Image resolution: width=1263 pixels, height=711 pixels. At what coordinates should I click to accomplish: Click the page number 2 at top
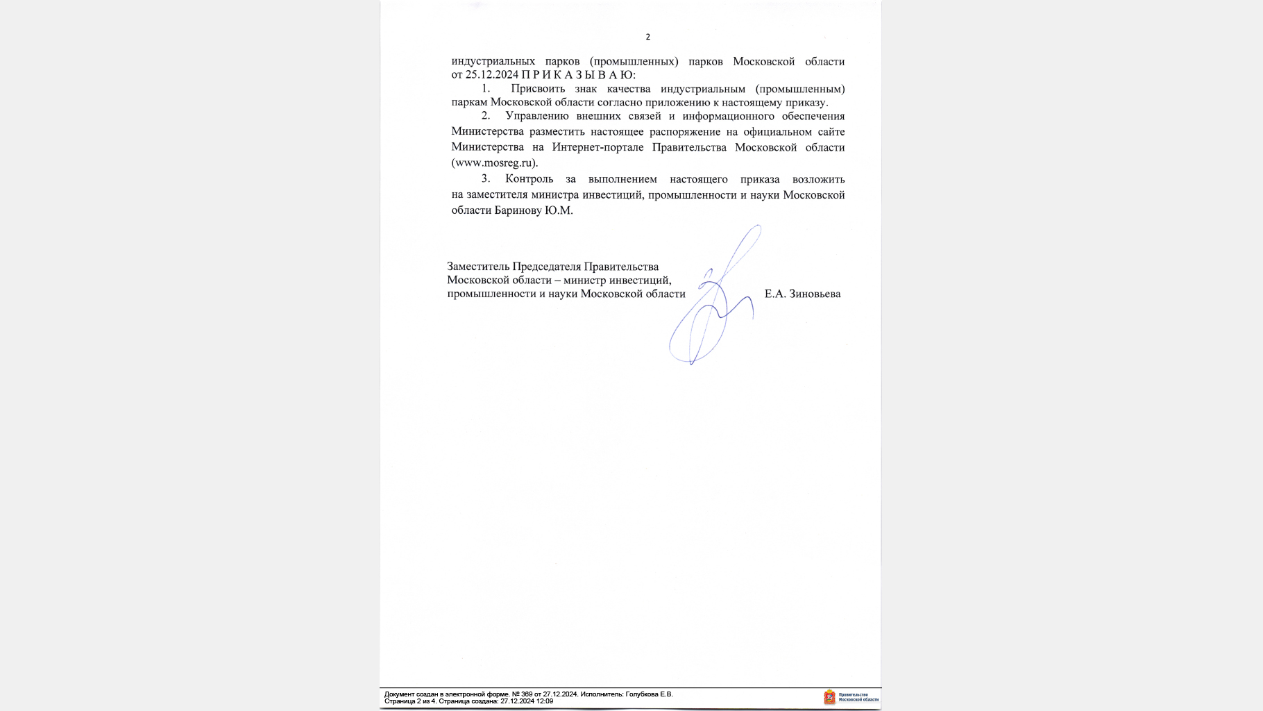647,37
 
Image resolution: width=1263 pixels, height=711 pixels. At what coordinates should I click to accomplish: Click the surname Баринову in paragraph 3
518,210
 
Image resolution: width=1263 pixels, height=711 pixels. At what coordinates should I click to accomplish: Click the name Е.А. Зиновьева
802,294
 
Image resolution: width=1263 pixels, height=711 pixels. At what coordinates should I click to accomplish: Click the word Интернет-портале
597,147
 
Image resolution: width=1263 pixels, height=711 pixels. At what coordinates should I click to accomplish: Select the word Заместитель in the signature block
478,267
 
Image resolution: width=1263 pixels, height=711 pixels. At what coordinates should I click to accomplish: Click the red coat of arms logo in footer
829,698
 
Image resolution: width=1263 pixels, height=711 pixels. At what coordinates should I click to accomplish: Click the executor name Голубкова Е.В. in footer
649,694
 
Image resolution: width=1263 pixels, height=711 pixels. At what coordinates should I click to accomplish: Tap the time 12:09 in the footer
545,701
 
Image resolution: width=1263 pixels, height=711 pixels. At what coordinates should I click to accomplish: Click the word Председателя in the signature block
547,267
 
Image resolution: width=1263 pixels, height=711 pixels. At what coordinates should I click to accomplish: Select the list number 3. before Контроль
486,179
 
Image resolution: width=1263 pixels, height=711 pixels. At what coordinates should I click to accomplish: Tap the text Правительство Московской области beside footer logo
858,697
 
